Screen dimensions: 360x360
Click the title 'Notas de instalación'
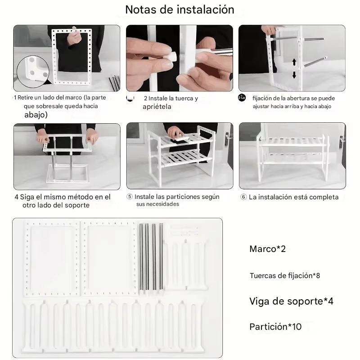180,9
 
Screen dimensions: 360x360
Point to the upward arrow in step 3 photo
294,62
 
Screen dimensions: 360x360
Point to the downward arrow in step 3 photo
294,75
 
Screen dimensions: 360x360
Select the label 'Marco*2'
267,249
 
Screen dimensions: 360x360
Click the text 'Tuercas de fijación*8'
284,275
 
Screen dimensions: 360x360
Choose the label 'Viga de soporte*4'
291,301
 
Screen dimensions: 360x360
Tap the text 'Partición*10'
275,327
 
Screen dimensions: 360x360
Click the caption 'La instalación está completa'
293,197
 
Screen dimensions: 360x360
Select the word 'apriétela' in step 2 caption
157,107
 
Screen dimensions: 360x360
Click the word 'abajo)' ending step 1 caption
36,115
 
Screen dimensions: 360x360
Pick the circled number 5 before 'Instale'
130,197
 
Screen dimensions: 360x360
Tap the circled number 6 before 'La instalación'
243,197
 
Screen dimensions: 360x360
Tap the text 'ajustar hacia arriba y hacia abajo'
292,107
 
